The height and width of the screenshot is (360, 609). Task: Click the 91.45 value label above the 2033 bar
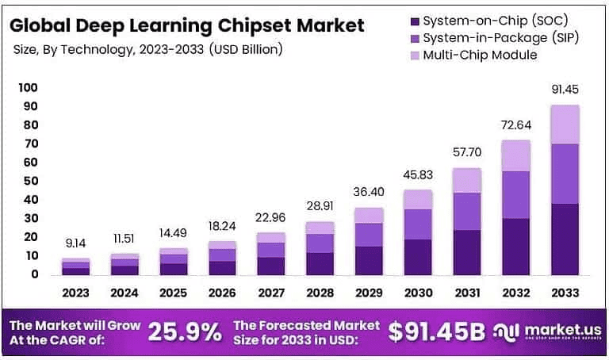(565, 90)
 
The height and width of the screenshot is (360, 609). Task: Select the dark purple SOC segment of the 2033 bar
(565, 239)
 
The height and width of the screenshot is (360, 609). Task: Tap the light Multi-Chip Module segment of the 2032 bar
(517, 155)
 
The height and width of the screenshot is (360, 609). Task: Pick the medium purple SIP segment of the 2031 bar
(467, 211)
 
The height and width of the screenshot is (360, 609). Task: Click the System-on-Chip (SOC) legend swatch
(412, 21)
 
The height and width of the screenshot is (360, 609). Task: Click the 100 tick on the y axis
(27, 86)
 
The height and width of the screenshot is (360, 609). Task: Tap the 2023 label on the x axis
(75, 293)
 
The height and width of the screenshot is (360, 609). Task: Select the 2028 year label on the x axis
(320, 293)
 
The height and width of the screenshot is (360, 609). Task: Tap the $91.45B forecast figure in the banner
(436, 333)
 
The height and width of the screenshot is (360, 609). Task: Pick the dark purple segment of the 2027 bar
(271, 266)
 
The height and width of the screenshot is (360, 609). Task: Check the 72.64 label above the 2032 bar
(516, 125)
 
